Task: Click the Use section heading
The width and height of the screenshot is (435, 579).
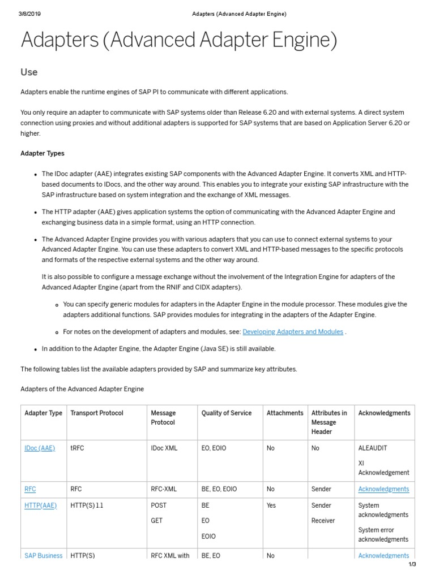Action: [29, 72]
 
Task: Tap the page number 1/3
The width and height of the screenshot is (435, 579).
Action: [412, 564]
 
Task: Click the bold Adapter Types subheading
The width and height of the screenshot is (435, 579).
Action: [42, 153]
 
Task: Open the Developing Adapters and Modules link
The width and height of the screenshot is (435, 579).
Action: [293, 332]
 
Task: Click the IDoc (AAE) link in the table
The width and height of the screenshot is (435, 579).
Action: [40, 448]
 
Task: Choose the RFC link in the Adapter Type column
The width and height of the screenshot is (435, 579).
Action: [31, 489]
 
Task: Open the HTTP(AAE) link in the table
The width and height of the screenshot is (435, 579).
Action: [41, 505]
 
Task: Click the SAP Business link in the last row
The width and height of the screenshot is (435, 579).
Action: [44, 555]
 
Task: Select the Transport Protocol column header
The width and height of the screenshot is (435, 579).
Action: [97, 413]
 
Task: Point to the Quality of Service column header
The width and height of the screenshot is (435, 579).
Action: [227, 413]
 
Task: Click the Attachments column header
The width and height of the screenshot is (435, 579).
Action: [285, 413]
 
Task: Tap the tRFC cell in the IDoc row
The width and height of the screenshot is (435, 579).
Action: [78, 448]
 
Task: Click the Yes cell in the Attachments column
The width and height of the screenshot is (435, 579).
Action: [271, 505]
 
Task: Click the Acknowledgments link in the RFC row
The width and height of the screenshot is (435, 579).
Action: [383, 489]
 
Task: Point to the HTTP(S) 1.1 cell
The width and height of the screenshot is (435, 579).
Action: [87, 505]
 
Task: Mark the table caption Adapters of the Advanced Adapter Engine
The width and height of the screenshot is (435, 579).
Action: [82, 389]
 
